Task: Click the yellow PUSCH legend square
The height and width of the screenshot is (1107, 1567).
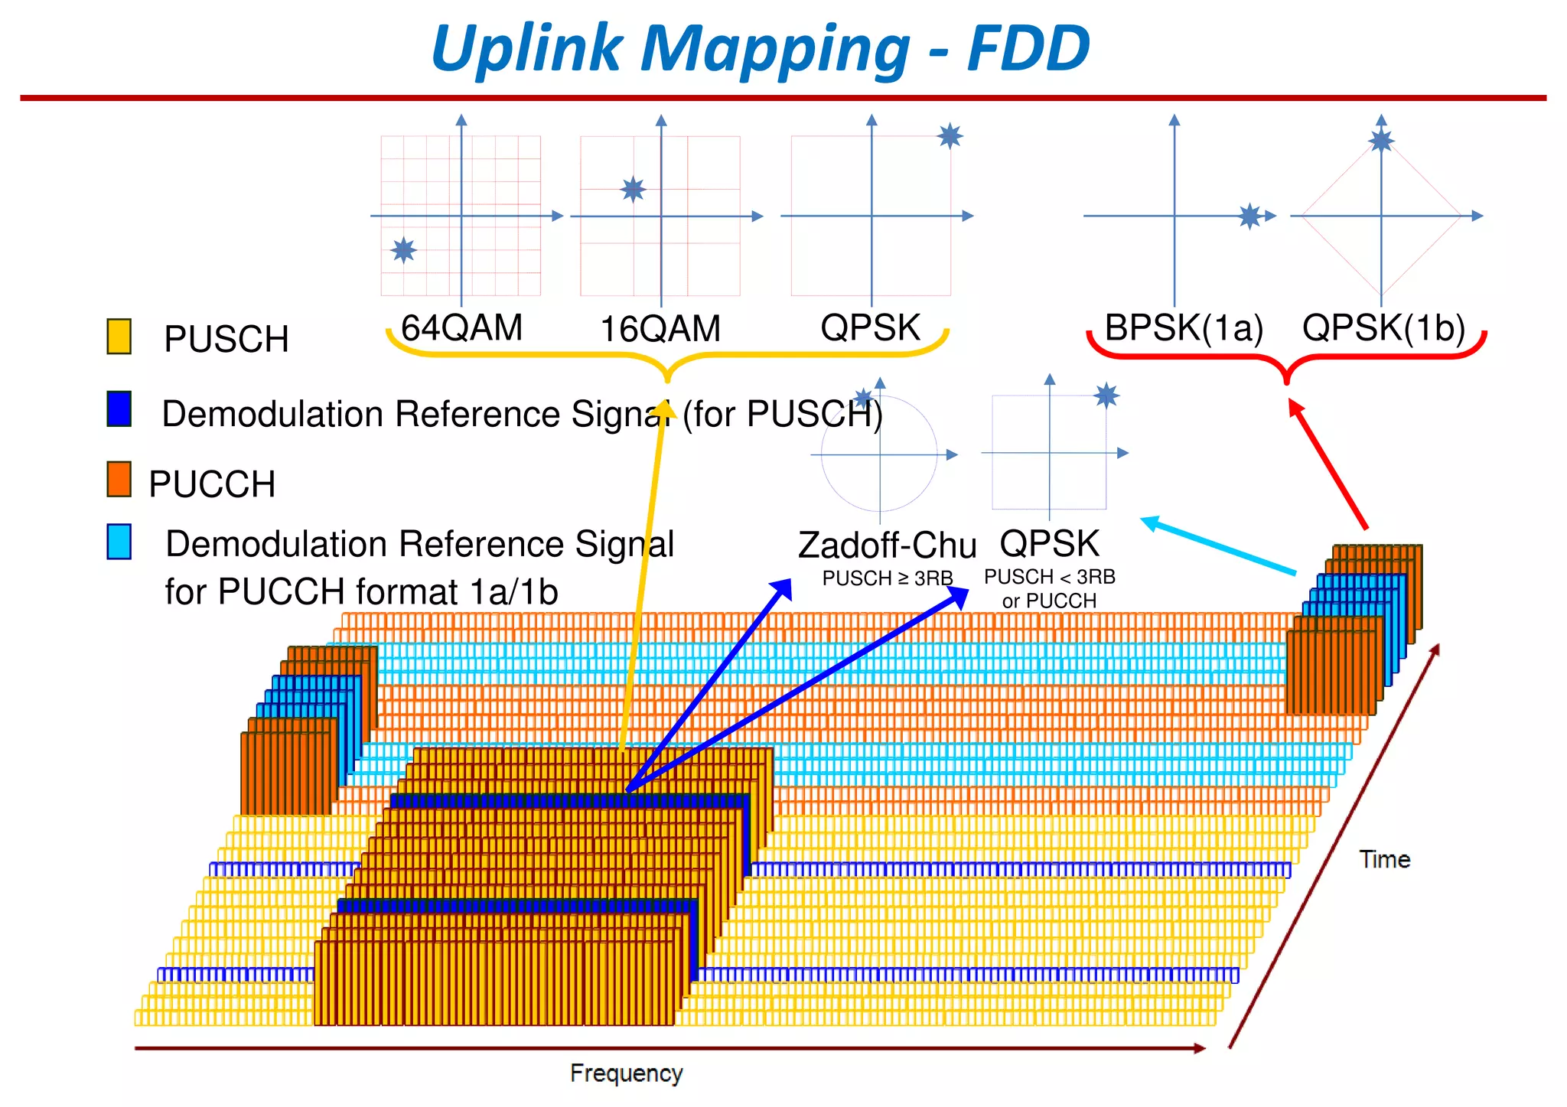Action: [x=119, y=337]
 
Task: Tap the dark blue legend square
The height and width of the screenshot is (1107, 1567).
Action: [x=119, y=409]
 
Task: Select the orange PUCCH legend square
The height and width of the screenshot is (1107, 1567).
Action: [x=119, y=479]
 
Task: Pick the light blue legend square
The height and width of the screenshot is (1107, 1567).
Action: [x=119, y=542]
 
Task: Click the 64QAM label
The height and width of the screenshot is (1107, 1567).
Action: [x=461, y=328]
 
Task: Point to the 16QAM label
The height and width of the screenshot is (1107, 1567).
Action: [x=660, y=329]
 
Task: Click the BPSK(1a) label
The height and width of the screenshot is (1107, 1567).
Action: [x=1183, y=328]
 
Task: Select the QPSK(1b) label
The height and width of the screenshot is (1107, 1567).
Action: [x=1383, y=328]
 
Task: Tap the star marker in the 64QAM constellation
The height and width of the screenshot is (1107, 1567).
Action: [x=403, y=249]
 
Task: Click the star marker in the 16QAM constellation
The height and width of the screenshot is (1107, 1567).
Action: [x=633, y=188]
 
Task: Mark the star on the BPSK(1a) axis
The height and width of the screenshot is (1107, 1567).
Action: [x=1249, y=216]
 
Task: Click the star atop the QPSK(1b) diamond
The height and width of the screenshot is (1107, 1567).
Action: [x=1381, y=141]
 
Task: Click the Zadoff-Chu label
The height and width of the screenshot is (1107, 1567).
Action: [x=887, y=545]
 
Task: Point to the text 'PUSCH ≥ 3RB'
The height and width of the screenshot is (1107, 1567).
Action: [x=887, y=578]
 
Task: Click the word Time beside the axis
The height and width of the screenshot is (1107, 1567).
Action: [x=1384, y=859]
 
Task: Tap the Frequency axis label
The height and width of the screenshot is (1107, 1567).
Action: [x=626, y=1073]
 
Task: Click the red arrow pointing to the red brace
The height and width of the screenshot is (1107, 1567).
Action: [x=1328, y=464]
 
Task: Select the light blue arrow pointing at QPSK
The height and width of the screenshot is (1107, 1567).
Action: [x=1218, y=545]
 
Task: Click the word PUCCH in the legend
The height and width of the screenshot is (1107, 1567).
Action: [x=212, y=484]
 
